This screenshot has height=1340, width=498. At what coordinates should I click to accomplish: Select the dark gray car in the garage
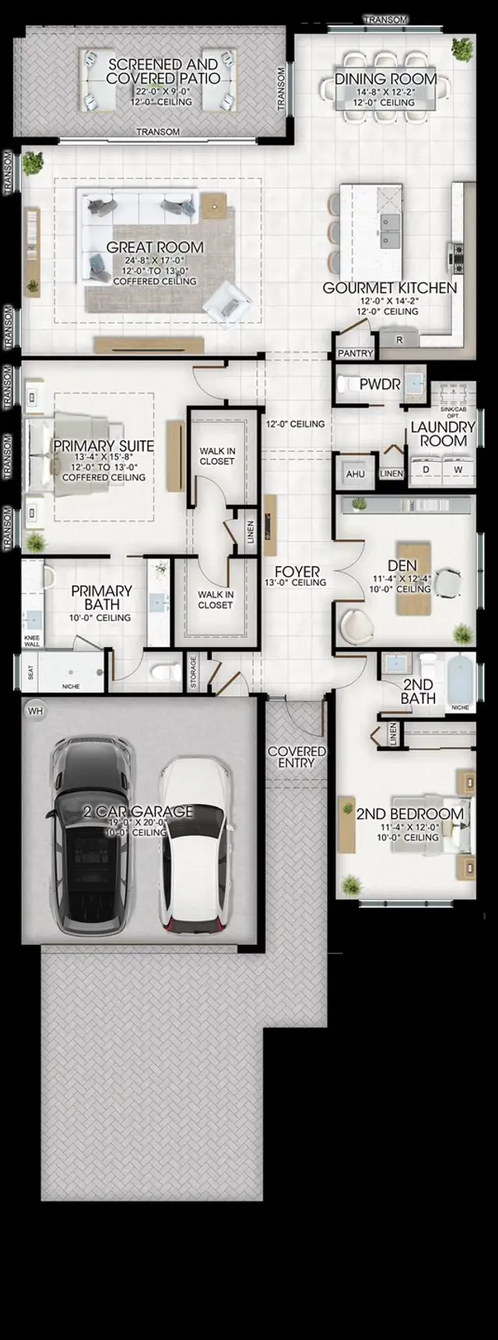pos(90,836)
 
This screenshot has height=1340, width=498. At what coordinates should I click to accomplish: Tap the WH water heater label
pos(35,711)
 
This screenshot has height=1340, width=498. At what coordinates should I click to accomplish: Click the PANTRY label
pos(355,353)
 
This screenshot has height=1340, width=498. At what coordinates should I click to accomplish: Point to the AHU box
pos(355,474)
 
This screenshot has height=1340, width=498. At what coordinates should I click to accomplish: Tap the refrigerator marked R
pos(399,340)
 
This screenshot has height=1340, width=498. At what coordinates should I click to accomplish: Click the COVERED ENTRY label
pos(296,757)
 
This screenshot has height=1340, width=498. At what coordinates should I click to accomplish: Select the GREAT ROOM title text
pos(155,247)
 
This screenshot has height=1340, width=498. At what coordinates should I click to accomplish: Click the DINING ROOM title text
pos(385,79)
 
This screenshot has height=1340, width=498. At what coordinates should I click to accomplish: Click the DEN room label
pos(402,565)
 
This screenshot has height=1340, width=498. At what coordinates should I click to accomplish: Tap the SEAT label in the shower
pos(31,673)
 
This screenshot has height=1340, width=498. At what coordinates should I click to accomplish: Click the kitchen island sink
pos(388,223)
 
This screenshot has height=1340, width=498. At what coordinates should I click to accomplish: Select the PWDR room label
pos(380,384)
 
